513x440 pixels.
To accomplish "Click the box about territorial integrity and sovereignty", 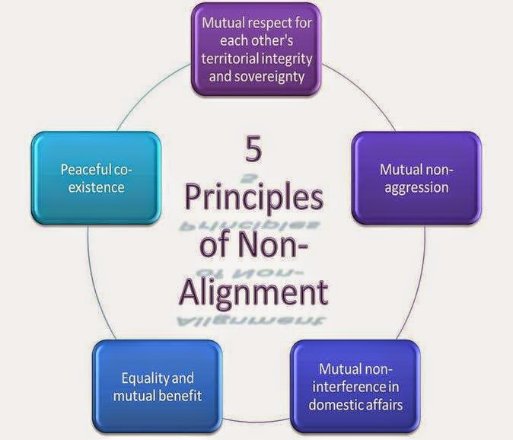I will click(256, 48).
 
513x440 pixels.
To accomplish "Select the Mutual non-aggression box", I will click(415, 177).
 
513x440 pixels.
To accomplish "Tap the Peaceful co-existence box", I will click(97, 177).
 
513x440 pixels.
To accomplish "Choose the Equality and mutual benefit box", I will click(158, 387).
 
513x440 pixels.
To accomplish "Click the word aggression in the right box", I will click(415, 187).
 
